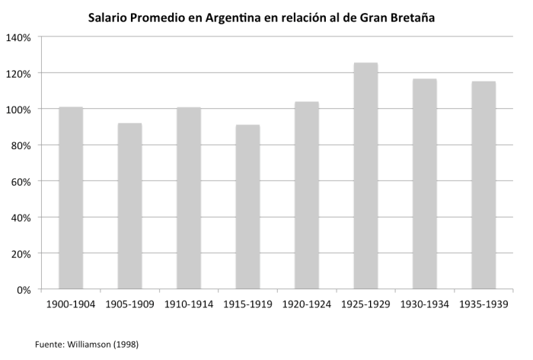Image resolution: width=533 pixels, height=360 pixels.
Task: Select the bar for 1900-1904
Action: click(71, 198)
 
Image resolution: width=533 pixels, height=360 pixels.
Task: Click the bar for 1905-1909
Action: click(129, 205)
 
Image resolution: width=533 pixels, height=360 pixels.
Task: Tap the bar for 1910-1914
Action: click(189, 198)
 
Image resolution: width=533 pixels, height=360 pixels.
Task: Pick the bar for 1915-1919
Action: click(247, 206)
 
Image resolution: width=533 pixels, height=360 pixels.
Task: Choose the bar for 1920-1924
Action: click(307, 195)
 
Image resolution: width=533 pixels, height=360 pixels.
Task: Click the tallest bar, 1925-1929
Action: click(365, 176)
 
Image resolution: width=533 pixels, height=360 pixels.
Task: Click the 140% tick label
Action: click(18, 37)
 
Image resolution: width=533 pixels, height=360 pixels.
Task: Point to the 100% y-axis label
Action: click(18, 110)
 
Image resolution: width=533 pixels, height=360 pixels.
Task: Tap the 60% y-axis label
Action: click(21, 181)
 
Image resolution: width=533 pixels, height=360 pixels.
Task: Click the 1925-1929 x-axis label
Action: click(365, 304)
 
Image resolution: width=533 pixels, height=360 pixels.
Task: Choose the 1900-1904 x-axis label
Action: click(71, 304)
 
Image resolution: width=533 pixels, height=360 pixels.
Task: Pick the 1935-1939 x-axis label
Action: click(484, 304)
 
